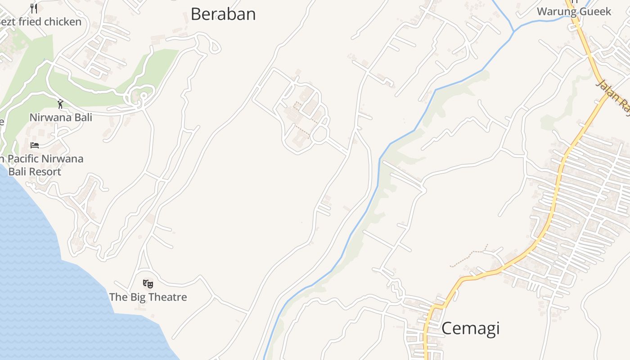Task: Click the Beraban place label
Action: point(223,14)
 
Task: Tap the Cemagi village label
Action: point(470,328)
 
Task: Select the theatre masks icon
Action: point(148,284)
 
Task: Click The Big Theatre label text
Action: point(148,297)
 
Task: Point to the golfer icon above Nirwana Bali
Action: point(60,104)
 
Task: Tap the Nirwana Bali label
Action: point(61,117)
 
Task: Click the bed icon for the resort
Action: point(35,145)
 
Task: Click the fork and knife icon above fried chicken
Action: point(34,8)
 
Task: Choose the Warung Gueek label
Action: point(574,12)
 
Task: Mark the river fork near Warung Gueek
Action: point(514,31)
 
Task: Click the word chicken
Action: point(63,22)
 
